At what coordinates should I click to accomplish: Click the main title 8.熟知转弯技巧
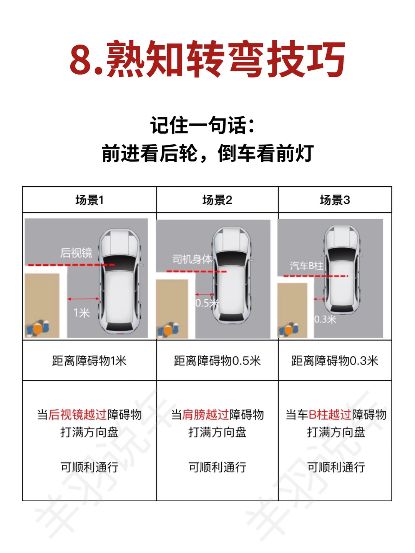(207, 60)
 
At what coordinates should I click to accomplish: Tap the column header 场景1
(90, 200)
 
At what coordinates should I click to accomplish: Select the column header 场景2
(217, 200)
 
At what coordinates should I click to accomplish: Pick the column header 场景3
(335, 200)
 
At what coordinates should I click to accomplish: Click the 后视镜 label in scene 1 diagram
(76, 253)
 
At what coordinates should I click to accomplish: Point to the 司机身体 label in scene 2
(192, 259)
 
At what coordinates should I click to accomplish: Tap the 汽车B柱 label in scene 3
(306, 266)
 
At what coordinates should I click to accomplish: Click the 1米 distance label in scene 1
(81, 313)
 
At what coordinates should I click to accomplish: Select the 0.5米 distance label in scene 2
(207, 303)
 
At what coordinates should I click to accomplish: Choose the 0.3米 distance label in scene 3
(325, 320)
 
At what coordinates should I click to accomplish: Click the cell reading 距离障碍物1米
(89, 361)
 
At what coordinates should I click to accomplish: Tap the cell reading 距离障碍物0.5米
(217, 361)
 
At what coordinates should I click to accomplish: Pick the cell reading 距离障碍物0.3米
(335, 361)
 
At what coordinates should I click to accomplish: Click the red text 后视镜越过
(78, 415)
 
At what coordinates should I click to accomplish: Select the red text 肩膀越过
(206, 415)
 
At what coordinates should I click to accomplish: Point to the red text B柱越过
(330, 415)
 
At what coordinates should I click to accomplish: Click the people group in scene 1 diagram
(38, 328)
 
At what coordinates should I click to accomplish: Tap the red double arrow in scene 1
(83, 299)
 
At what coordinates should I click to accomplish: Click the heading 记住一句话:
(202, 125)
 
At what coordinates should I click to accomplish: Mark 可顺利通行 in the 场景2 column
(217, 467)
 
